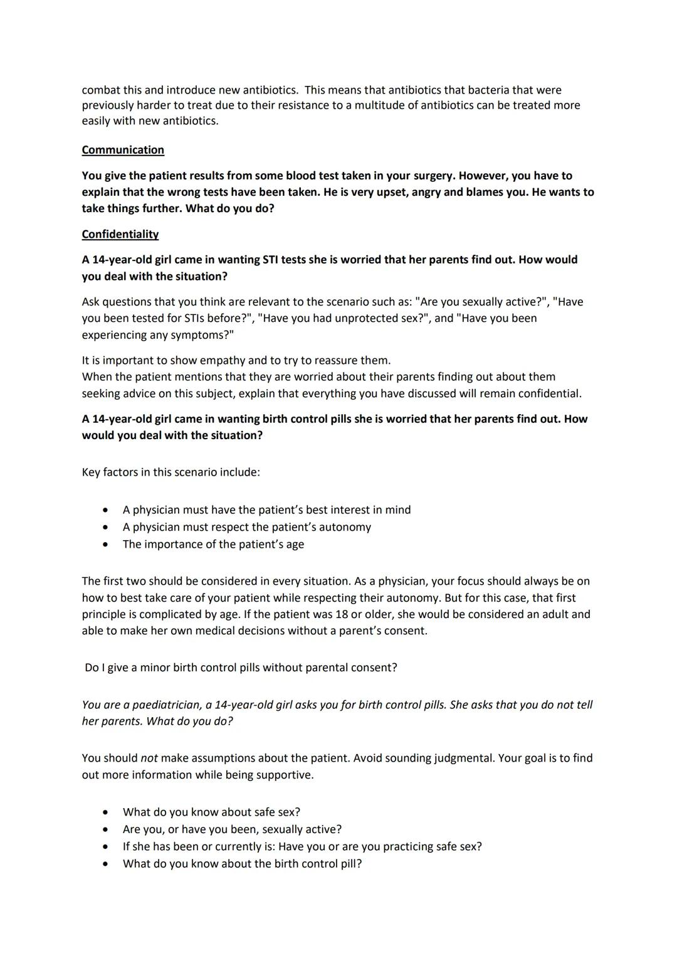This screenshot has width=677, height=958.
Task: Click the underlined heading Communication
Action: (123, 150)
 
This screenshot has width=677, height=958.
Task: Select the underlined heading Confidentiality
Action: (120, 234)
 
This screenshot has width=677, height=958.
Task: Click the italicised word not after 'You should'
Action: (149, 758)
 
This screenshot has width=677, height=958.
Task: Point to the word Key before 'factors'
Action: (92, 472)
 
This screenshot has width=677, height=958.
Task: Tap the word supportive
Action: (283, 775)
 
